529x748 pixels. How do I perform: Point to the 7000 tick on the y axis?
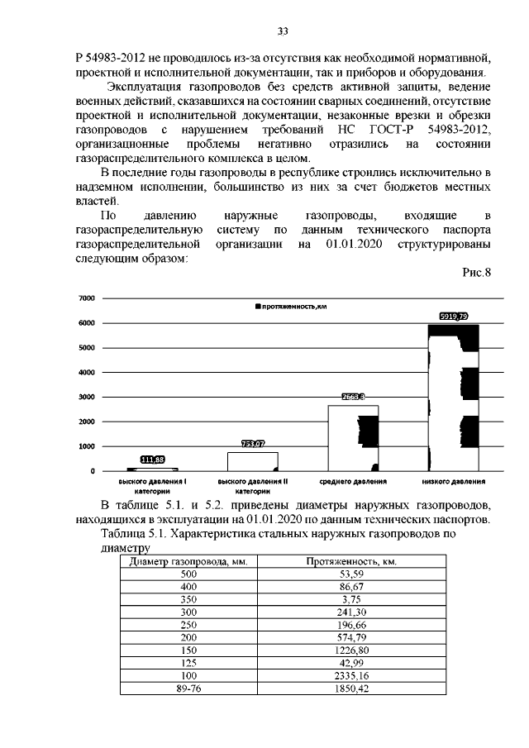tap(87, 298)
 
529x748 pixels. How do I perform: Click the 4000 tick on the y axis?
tap(87, 372)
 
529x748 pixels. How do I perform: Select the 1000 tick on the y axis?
tap(87, 446)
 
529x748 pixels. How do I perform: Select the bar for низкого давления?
tap(453, 397)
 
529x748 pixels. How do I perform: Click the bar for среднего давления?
tap(353, 438)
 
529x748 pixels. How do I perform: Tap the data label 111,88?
tap(153, 460)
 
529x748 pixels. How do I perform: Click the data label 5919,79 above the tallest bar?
tap(453, 316)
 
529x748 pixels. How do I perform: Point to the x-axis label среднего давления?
tap(353, 481)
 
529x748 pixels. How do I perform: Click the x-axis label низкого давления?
tap(453, 481)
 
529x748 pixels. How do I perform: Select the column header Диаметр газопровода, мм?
tap(189, 561)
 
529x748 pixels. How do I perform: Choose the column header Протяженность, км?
tap(353, 561)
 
